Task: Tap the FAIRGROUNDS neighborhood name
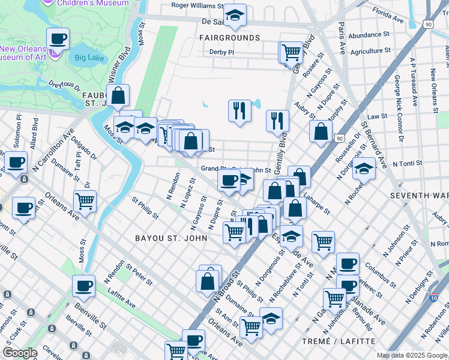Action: coord(230,38)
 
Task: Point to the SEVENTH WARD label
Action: coord(419,196)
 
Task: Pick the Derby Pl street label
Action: coord(221,52)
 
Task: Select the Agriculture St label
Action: coord(370,51)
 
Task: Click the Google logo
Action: coord(20,353)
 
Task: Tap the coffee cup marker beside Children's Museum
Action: coord(58,40)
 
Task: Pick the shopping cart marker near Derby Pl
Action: coord(291,52)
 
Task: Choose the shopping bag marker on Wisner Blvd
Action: coord(118,95)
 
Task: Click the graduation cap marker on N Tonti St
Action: coord(364,169)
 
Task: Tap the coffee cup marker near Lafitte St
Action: coord(84,286)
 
